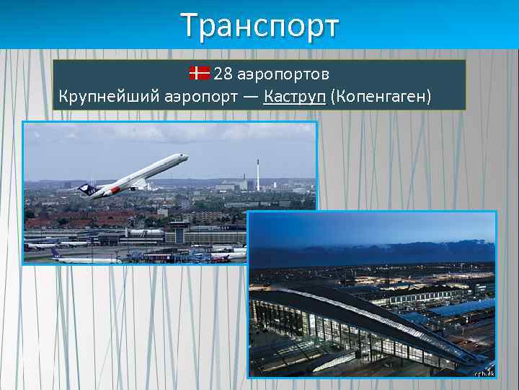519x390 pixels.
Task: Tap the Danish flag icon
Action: click(199, 73)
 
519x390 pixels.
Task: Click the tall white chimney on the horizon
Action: click(257, 173)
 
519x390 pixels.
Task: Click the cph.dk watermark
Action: click(483, 372)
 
